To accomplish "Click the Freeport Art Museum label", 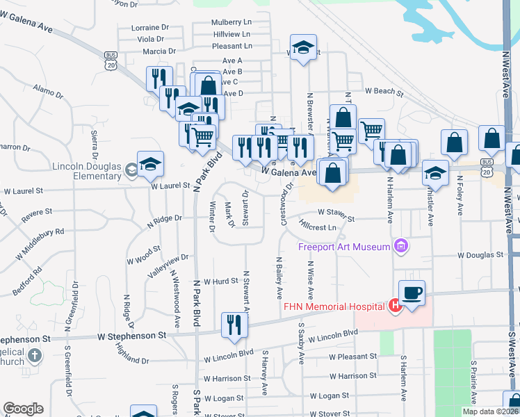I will tap(344, 247).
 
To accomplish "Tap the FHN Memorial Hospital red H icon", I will tap(395, 306).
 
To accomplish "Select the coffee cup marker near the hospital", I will tap(412, 293).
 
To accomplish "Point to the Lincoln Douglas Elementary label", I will tap(87, 171).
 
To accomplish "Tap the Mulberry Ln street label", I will tap(232, 22).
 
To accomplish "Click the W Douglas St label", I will tap(480, 255).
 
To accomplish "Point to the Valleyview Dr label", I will tap(167, 264).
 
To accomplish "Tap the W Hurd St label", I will tap(220, 281).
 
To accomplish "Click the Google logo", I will tap(23, 409).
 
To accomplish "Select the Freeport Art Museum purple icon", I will tap(400, 245).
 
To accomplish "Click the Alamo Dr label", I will tap(49, 90).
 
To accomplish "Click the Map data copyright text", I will tap(491, 411).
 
